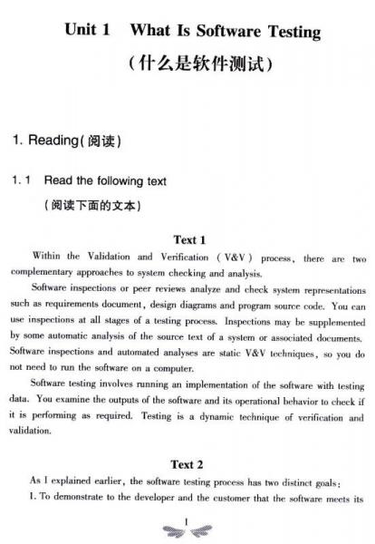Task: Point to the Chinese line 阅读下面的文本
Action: [91, 205]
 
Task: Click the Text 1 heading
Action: [189, 240]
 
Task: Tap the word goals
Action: [334, 481]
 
